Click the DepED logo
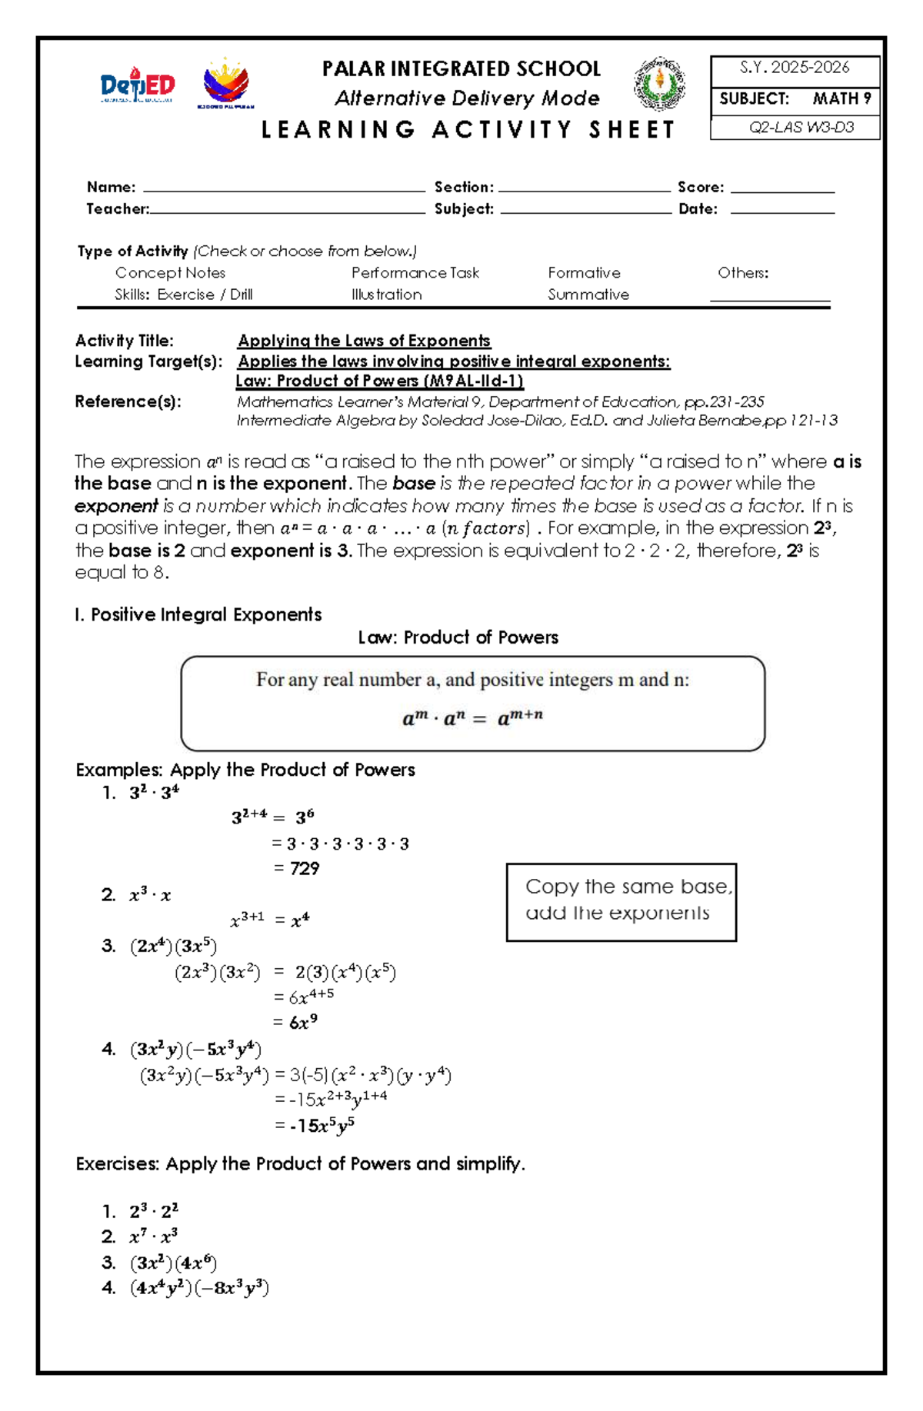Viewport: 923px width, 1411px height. pyautogui.click(x=138, y=85)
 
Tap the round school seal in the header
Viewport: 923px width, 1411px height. pyautogui.click(x=659, y=84)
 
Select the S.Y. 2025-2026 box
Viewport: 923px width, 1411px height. pyautogui.click(x=795, y=68)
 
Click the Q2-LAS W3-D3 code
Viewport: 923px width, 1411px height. pyautogui.click(x=801, y=128)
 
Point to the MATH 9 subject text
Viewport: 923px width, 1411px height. pyautogui.click(x=841, y=98)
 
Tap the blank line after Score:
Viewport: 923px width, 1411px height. pyautogui.click(x=781, y=189)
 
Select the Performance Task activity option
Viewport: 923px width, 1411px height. pyautogui.click(x=415, y=273)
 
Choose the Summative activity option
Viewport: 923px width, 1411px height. pyautogui.click(x=588, y=295)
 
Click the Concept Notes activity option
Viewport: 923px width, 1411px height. pyautogui.click(x=170, y=273)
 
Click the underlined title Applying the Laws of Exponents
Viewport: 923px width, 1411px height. pyautogui.click(x=364, y=341)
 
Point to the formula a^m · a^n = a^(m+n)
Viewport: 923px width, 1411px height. pyautogui.click(x=472, y=718)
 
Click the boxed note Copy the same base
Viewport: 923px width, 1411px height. pyautogui.click(x=621, y=900)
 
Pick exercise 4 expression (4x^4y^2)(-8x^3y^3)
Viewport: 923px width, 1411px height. pyautogui.click(x=199, y=1288)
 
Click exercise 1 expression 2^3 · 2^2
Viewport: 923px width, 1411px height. pyautogui.click(x=154, y=1212)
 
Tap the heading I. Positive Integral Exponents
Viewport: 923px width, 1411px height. pyautogui.click(x=198, y=614)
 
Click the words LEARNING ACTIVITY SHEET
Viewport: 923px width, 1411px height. pyautogui.click(x=468, y=130)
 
